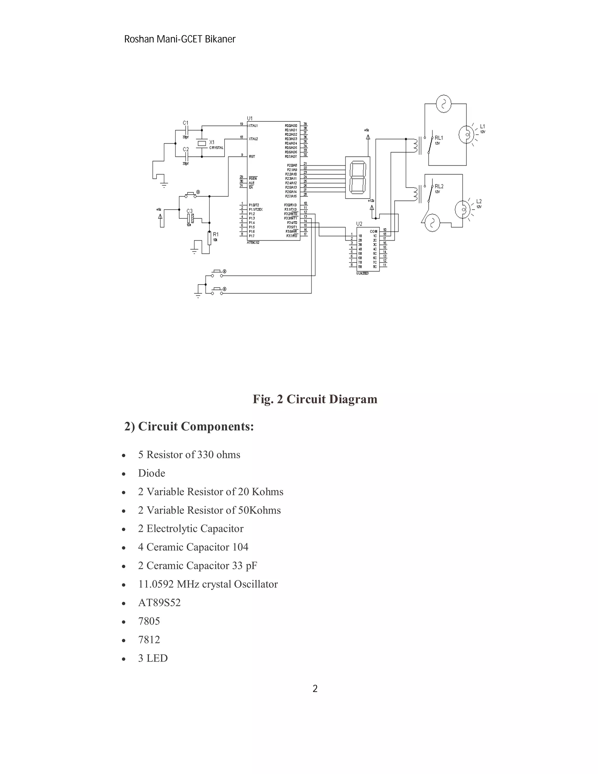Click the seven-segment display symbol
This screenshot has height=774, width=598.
pos(357,177)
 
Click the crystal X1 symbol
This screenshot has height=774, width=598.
pos(201,143)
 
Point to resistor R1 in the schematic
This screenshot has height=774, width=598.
pos(209,238)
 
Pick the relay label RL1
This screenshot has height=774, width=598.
pos(439,138)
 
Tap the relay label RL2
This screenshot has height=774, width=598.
pos(439,186)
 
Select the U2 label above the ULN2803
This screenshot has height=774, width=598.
pos(359,224)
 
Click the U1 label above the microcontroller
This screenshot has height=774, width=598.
pos(250,118)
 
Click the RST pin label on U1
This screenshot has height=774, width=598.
pos(252,156)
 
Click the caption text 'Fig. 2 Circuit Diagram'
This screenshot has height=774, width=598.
pos(314,399)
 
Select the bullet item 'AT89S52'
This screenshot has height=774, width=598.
pos(159,603)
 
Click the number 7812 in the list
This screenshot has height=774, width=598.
pos(149,639)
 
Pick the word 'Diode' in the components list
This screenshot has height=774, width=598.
pos(152,473)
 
